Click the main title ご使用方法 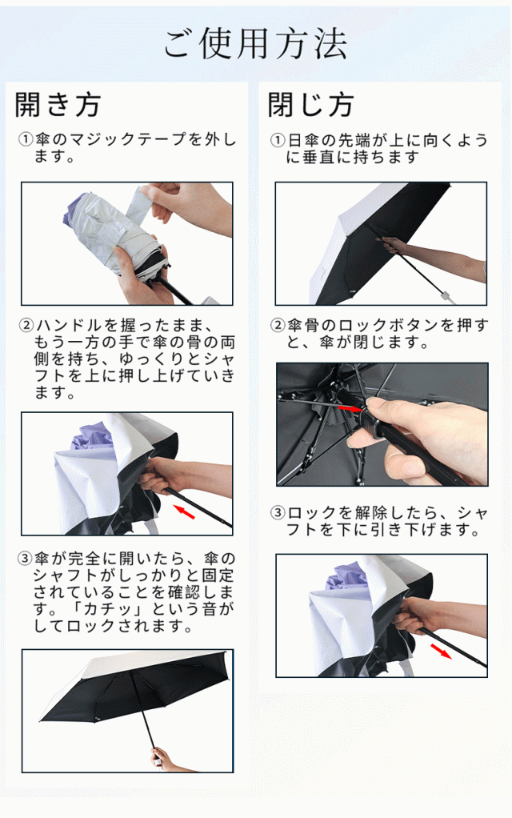pos(255,43)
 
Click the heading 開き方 pos(58,104)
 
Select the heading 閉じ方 pos(310,104)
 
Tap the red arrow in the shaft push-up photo pos(184,511)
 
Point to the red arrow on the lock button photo pos(350,409)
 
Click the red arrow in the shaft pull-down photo pos(441,651)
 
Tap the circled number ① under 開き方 pos(26,139)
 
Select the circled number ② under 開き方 pos(26,326)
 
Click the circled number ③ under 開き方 pos(25,559)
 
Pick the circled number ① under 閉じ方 pos(278,140)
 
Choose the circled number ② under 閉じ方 pos(278,326)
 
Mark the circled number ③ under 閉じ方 pos(278,513)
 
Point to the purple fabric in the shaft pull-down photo pos(346,579)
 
